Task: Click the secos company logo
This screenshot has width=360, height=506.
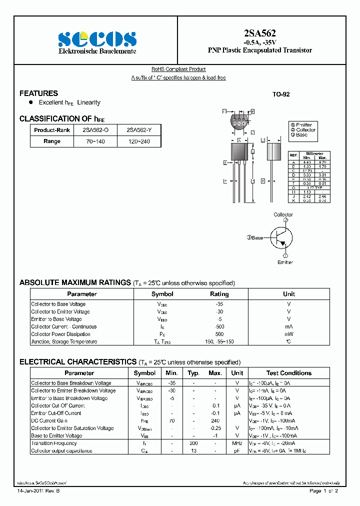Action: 97,39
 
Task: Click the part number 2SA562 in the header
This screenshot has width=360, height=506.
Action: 259,33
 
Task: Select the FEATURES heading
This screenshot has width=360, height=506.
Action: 38,93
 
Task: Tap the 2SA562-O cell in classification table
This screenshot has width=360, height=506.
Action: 95,130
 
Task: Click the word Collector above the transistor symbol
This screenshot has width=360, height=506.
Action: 283,214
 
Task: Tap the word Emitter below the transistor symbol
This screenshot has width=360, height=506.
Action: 285,262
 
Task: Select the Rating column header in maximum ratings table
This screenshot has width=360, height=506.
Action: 219,294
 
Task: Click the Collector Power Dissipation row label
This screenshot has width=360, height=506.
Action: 60,334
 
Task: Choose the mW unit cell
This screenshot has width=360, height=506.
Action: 289,334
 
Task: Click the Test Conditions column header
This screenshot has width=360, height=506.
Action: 288,373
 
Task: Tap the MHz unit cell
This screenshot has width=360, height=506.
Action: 237,443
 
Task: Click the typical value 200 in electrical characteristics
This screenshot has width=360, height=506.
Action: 193,443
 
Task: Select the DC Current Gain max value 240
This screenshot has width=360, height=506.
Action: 215,420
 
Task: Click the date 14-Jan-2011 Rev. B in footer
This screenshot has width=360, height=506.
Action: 41,491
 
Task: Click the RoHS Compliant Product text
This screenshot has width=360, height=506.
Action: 178,69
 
